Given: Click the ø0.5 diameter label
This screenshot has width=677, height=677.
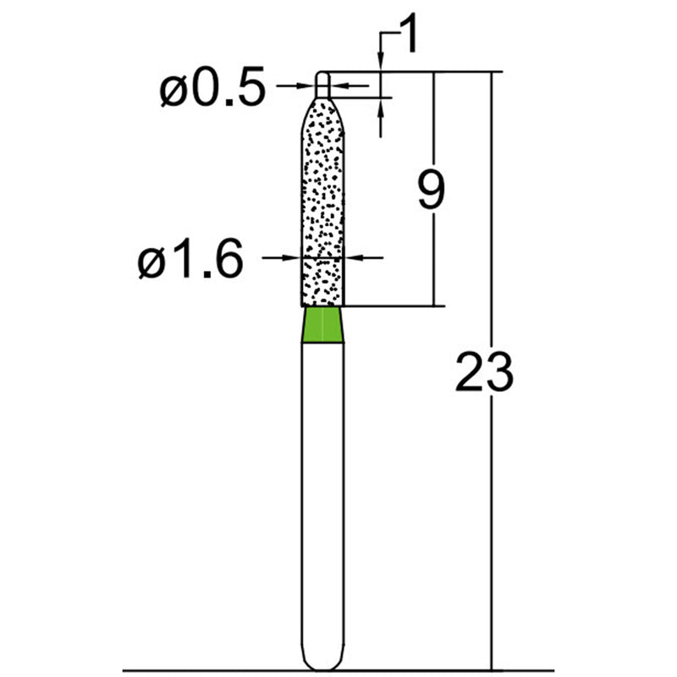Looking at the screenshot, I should click(x=212, y=90).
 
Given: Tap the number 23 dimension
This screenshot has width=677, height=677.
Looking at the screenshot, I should click(x=484, y=372).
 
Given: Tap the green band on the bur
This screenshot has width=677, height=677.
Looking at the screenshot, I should click(x=323, y=324).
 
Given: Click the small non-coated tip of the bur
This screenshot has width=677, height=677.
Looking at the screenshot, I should click(x=323, y=83).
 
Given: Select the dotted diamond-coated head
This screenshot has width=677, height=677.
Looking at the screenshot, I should click(x=323, y=203).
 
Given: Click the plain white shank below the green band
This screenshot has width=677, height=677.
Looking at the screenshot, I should click(x=323, y=491).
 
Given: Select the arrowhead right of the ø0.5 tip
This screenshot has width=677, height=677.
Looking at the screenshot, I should click(x=336, y=85).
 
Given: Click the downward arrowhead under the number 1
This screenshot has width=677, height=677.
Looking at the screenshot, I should click(x=382, y=66).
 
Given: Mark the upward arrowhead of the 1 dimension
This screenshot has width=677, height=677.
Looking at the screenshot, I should click(x=382, y=106).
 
